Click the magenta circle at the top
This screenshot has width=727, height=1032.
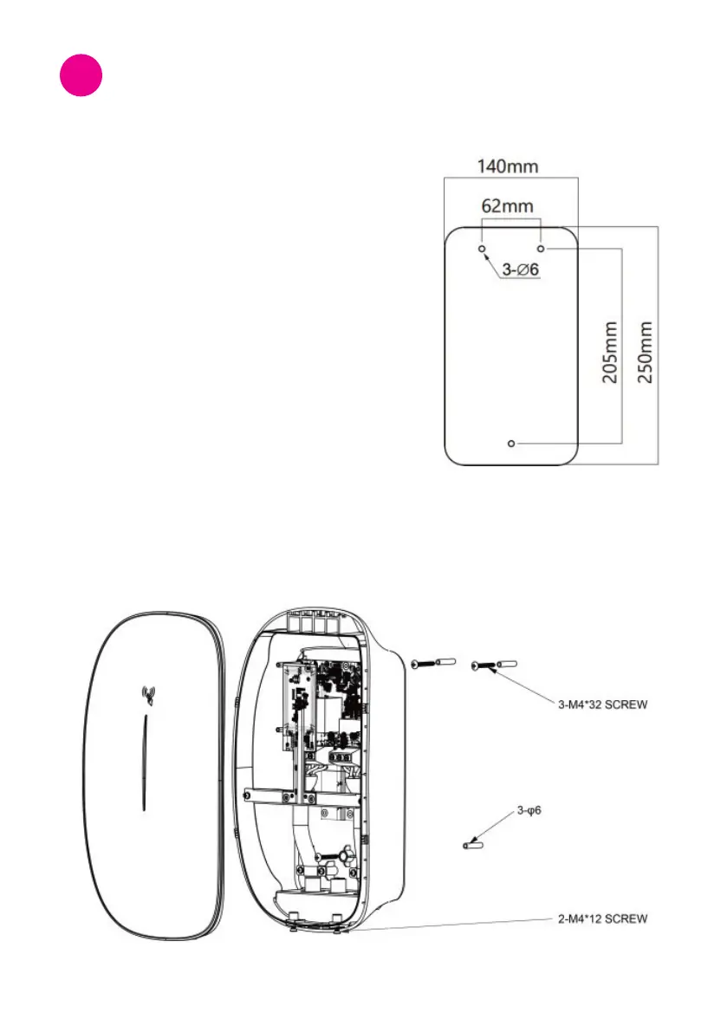pyautogui.click(x=81, y=75)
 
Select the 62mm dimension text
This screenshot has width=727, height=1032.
pyautogui.click(x=508, y=207)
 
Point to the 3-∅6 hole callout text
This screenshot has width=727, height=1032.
pyautogui.click(x=521, y=269)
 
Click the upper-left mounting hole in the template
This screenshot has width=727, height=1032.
pyautogui.click(x=482, y=248)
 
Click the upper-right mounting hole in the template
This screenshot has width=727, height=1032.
pyautogui.click(x=541, y=248)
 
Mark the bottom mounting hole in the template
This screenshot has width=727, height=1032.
pyautogui.click(x=511, y=444)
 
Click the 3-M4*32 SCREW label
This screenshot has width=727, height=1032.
pyautogui.click(x=601, y=705)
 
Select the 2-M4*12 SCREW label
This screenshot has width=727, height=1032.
pyautogui.click(x=601, y=918)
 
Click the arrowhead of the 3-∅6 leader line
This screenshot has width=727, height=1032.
pyautogui.click(x=487, y=255)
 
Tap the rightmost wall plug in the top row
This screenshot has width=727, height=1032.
pyautogui.click(x=509, y=664)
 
